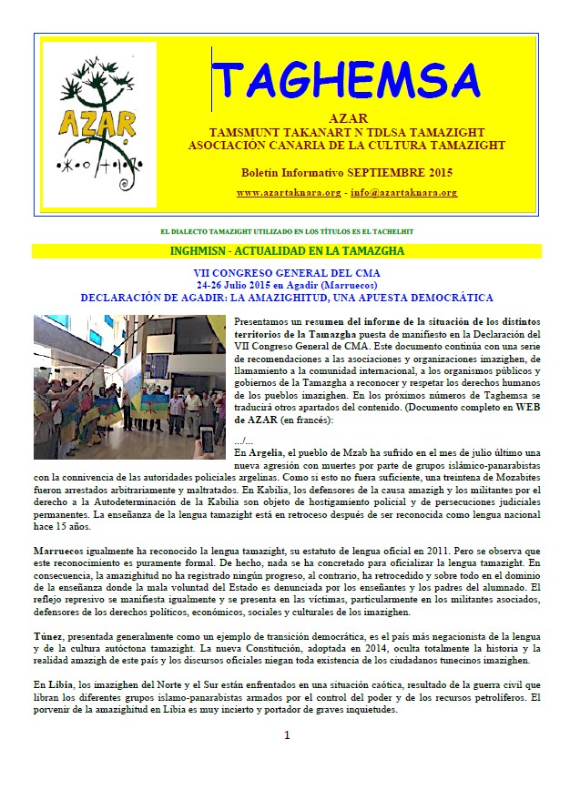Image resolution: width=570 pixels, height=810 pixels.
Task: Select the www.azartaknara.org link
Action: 289,193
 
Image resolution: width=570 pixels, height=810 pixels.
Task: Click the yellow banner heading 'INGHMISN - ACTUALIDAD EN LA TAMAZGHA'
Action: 287,250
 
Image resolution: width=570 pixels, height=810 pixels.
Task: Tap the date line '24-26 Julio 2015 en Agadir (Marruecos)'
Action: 287,285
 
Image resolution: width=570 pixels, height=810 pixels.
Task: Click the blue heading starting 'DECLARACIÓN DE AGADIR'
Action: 287,297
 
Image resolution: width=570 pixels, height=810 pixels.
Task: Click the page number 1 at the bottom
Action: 286,735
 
